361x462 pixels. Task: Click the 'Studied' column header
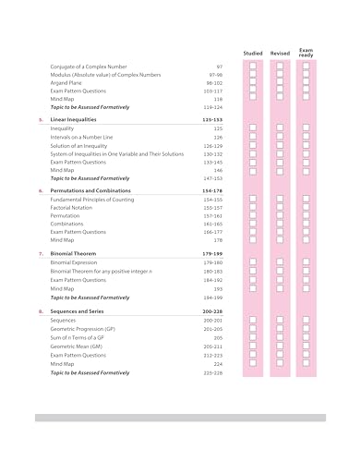point(252,53)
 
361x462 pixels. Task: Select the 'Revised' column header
point(280,53)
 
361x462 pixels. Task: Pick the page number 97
point(219,67)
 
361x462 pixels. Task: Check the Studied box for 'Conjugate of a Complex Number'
point(252,67)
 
